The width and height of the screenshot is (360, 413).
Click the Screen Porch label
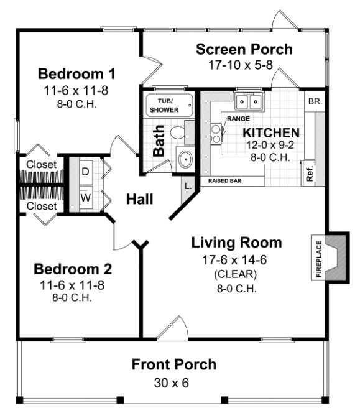(244, 49)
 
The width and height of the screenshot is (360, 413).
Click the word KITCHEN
(270, 132)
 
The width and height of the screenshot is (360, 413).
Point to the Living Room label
(236, 243)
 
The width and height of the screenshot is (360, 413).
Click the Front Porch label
(173, 364)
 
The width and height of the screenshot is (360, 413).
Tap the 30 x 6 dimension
(173, 382)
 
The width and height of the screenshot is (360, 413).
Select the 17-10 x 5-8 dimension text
(244, 65)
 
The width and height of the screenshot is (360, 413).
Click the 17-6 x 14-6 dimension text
(236, 258)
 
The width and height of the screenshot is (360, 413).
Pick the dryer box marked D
(85, 170)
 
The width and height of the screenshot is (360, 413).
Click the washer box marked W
(85, 198)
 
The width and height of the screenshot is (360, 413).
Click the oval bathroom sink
(185, 159)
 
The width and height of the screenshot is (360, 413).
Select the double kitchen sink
(249, 101)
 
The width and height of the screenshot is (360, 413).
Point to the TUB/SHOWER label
(164, 105)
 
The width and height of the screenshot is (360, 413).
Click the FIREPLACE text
(319, 257)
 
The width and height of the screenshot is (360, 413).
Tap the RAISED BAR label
(225, 181)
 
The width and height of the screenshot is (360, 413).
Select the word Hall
(140, 199)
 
